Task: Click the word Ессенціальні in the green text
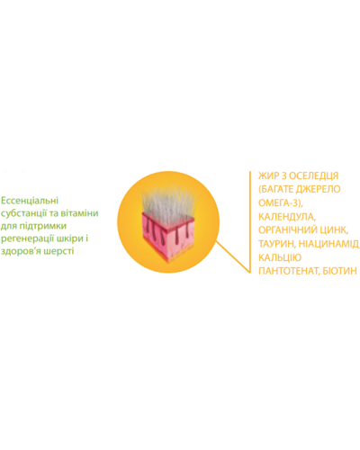point(30,201)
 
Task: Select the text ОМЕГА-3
point(279,203)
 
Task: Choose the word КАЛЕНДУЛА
point(286,217)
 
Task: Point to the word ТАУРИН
point(275,244)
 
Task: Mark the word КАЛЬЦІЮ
point(280,257)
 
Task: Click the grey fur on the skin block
point(168,200)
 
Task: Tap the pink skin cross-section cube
point(168,236)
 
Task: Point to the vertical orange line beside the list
point(249,222)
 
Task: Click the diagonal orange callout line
point(233,257)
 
